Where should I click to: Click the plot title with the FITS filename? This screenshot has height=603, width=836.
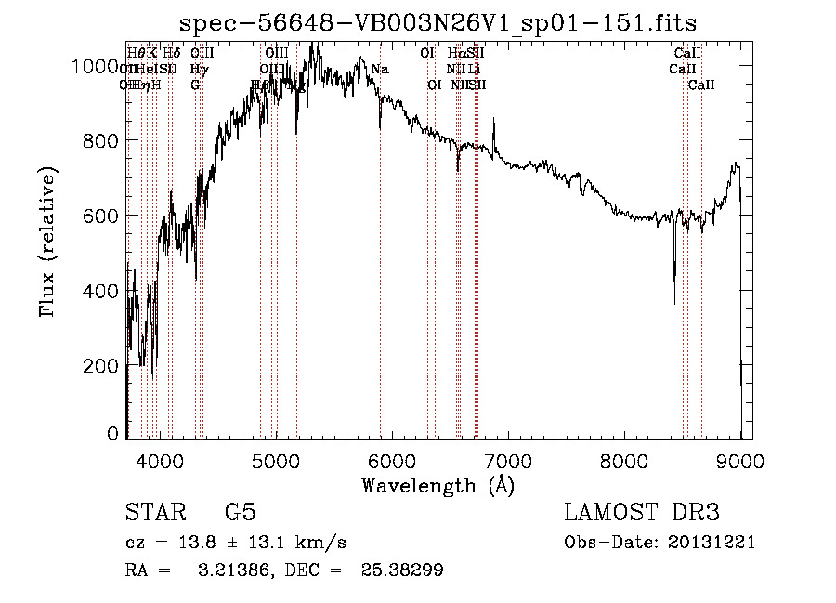438,21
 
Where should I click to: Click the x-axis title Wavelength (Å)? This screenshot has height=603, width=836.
438,486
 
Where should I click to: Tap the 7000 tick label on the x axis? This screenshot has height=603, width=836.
508,460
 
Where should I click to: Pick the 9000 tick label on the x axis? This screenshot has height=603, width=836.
740,460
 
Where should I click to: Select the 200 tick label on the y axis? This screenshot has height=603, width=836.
104,366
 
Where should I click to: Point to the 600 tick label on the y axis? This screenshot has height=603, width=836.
104,216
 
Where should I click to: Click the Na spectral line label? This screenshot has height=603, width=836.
380,69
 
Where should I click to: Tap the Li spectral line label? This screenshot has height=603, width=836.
474,69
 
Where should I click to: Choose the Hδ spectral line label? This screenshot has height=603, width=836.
171,53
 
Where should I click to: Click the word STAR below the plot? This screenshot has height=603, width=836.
153,513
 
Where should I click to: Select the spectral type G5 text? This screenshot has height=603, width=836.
240,513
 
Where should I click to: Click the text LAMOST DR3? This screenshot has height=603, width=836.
642,513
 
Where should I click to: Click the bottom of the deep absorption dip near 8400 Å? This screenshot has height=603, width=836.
674,303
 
